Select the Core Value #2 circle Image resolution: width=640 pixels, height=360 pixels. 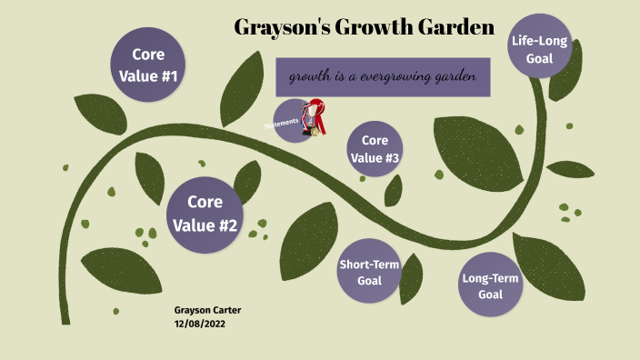click(x=205, y=215)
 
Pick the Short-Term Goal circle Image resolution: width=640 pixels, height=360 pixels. click(x=369, y=272)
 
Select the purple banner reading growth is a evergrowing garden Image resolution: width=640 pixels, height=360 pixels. click(x=383, y=77)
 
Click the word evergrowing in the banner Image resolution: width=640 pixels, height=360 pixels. click(x=396, y=77)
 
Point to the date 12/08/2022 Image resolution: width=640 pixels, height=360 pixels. click(x=200, y=324)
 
